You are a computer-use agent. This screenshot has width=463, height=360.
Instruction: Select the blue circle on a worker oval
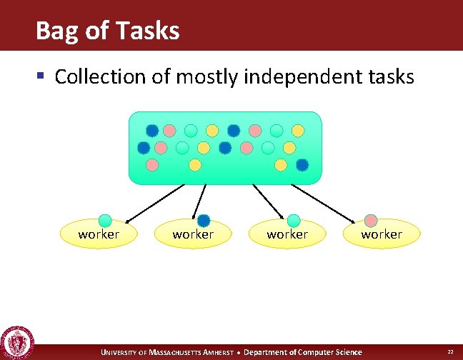(x=204, y=221)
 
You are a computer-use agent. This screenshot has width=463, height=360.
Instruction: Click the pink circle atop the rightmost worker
(x=371, y=221)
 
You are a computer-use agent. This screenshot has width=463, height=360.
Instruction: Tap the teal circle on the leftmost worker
(x=105, y=221)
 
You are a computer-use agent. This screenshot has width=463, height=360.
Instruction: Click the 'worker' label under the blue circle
(x=193, y=234)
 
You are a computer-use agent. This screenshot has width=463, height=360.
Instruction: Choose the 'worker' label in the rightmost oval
(x=382, y=234)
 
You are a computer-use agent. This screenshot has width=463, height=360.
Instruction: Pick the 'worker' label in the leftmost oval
(x=99, y=234)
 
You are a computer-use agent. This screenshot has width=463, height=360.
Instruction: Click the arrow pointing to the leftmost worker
(x=154, y=202)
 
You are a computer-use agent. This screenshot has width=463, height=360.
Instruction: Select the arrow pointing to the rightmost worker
(x=321, y=202)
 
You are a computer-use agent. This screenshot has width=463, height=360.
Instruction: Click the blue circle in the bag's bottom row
(x=302, y=165)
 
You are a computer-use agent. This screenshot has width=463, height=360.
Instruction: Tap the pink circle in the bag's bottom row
(x=152, y=165)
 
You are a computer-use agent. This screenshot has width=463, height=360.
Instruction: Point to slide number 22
(x=450, y=352)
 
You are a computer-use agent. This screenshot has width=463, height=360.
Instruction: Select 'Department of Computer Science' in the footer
(x=303, y=352)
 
